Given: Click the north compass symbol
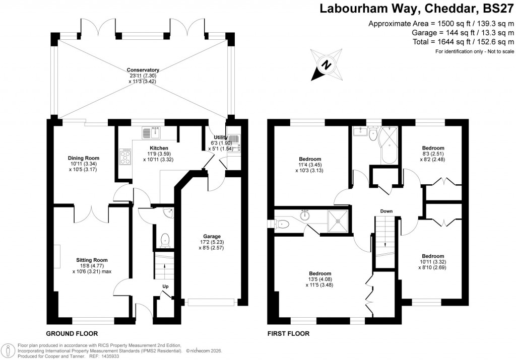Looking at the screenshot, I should point(325,65).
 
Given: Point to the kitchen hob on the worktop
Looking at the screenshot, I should point(124,158).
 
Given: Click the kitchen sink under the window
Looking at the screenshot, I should point(151,133).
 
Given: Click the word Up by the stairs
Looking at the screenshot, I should point(165,286).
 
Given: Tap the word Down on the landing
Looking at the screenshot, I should point(386,211).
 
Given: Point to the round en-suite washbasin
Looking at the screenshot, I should point(304,216).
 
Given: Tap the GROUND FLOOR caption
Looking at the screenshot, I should point(72,333).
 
